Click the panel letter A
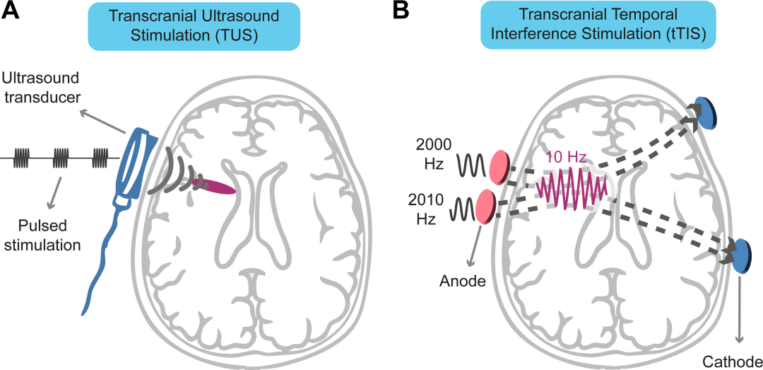pyautogui.click(x=11, y=11)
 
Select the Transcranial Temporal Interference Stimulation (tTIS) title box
pyautogui.click(x=598, y=25)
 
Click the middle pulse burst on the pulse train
pyautogui.click(x=61, y=158)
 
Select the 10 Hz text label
pyautogui.click(x=566, y=158)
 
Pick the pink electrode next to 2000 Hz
pyautogui.click(x=499, y=167)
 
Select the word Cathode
pyautogui.click(x=732, y=362)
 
